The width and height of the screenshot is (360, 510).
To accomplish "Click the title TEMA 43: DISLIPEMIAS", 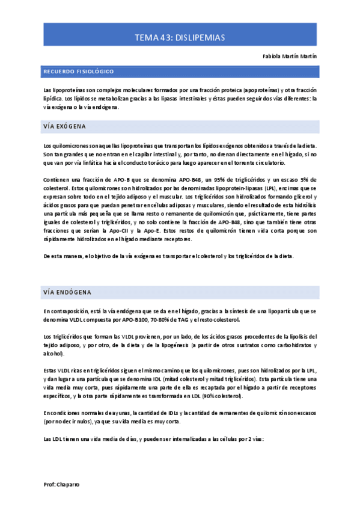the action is pyautogui.click(x=180, y=37).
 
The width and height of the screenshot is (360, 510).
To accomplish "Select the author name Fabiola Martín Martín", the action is pyautogui.click(x=290, y=56).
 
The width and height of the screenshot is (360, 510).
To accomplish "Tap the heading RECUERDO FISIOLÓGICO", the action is pyautogui.click(x=78, y=72).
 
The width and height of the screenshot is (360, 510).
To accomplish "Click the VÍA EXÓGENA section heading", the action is pyautogui.click(x=64, y=127).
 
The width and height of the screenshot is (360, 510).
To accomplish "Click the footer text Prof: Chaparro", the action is pyautogui.click(x=62, y=484).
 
